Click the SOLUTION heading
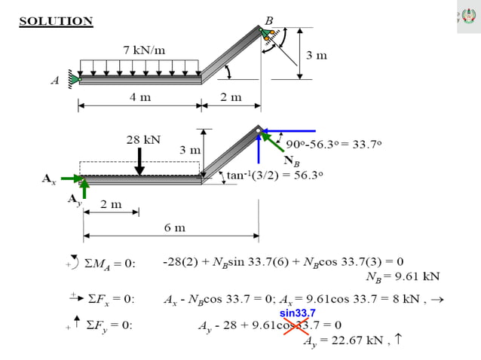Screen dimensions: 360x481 pyautogui.click(x=56, y=21)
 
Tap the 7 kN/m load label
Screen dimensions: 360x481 pyautogui.click(x=144, y=50)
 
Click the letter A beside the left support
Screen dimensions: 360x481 pyautogui.click(x=55, y=81)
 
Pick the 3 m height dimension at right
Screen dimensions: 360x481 pyautogui.click(x=317, y=56)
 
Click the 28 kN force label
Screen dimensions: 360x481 pyautogui.click(x=143, y=139)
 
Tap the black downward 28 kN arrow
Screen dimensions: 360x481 pyautogui.click(x=141, y=160)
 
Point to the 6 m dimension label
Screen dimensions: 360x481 pyautogui.click(x=174, y=227)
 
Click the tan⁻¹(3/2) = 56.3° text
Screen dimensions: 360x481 pyautogui.click(x=276, y=175)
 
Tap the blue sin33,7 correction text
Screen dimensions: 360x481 pyautogui.click(x=298, y=313)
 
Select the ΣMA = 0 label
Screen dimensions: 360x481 pyautogui.click(x=109, y=263)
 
